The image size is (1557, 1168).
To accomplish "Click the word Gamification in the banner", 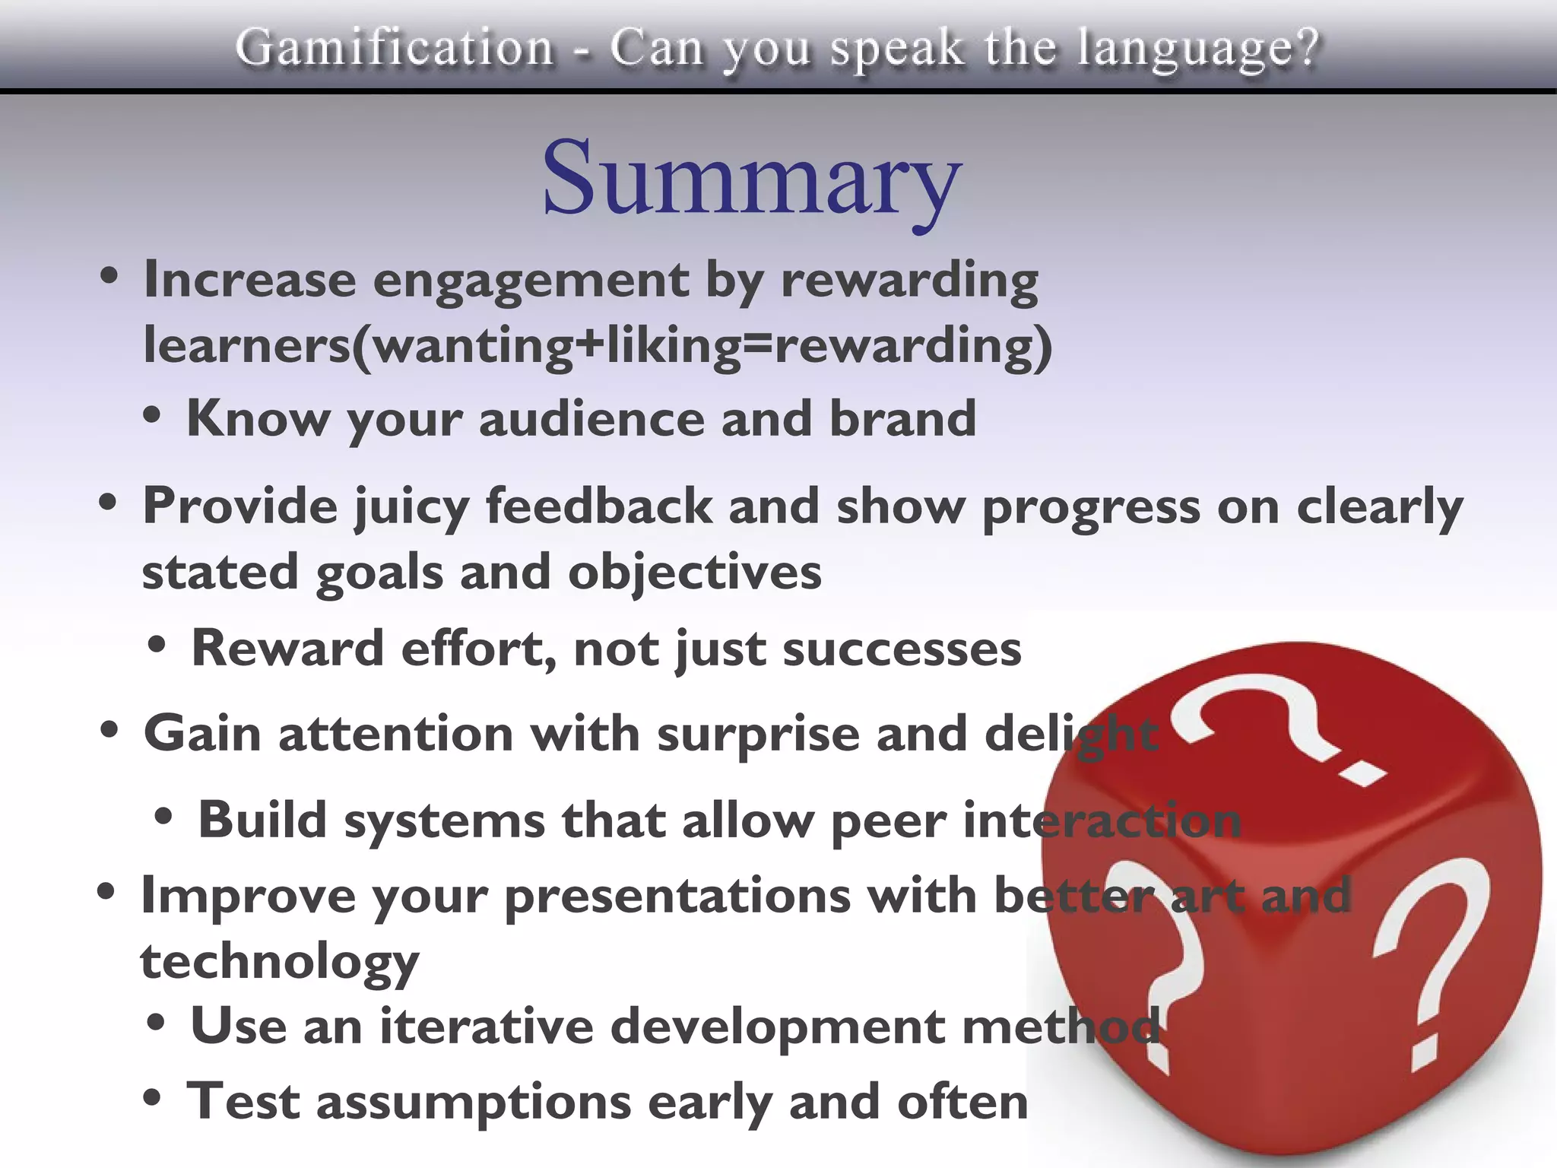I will coord(395,47).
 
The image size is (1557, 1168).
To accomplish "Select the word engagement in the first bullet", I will coord(530,281).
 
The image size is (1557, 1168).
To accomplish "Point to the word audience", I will coord(591,419).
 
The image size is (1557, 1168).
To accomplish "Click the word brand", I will coord(902,419).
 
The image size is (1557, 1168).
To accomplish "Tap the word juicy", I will coord(411,508).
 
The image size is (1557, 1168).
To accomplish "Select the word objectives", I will coord(694,573).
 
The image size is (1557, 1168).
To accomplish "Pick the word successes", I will coord(902,650).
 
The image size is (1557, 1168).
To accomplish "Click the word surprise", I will coord(757,735).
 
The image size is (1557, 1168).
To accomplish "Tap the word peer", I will coord(888,822).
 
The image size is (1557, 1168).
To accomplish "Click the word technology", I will coord(279,963).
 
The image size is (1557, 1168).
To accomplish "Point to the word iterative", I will coord(487,1027).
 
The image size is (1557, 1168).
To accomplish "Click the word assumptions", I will coord(474,1103).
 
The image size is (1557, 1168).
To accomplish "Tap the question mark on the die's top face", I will coord(1277,726).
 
